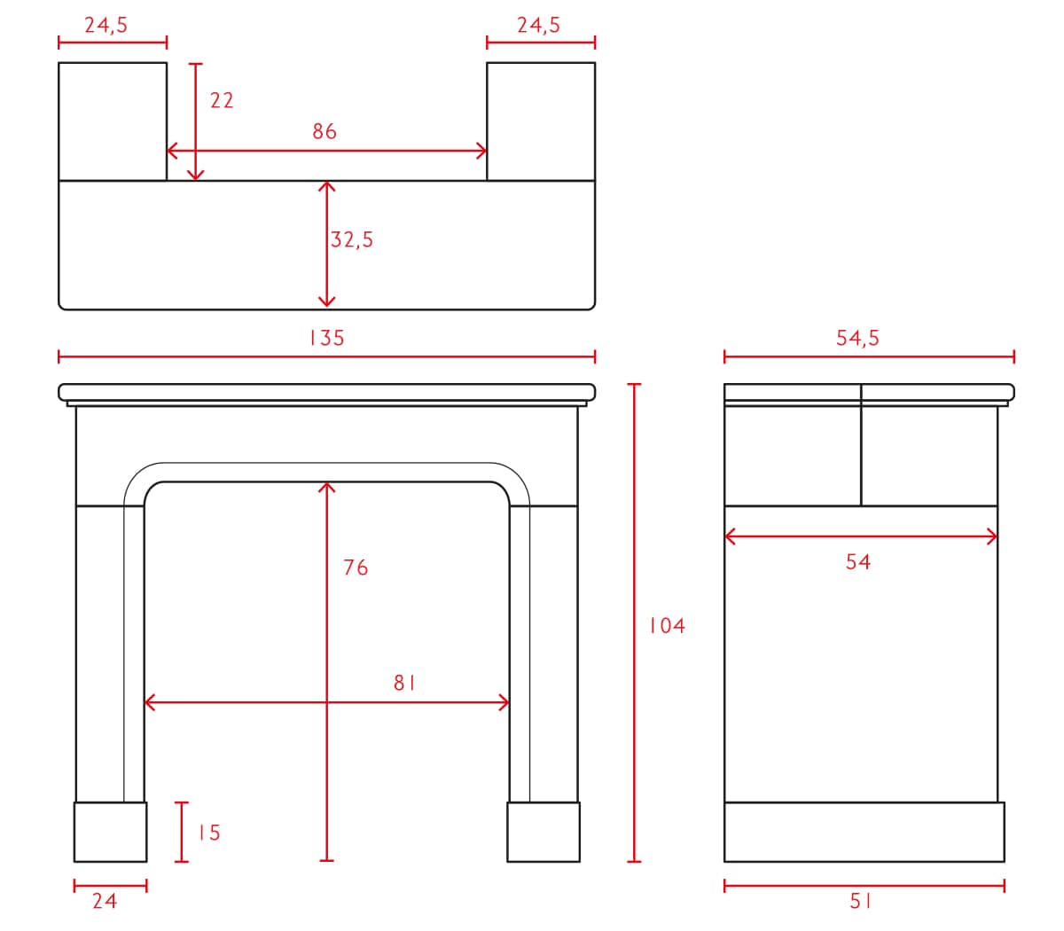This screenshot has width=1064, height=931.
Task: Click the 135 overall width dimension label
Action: click(327, 338)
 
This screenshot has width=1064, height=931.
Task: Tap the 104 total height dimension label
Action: click(667, 626)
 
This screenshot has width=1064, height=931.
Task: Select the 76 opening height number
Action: click(356, 567)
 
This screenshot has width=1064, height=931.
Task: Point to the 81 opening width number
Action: click(404, 683)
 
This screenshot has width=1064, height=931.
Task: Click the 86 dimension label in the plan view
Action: click(325, 131)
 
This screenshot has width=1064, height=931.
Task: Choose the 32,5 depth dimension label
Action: click(352, 239)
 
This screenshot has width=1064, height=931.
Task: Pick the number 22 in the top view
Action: click(222, 100)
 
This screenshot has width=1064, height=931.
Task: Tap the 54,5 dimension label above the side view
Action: click(857, 338)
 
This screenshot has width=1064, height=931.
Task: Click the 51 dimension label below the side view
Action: click(860, 902)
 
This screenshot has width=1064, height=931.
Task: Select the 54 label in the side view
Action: click(858, 562)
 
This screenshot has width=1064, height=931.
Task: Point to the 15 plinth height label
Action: click(209, 833)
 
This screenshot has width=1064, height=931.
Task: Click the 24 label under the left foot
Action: click(105, 902)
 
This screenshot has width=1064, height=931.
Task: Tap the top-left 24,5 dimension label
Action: click(106, 25)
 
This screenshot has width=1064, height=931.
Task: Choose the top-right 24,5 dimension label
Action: click(539, 25)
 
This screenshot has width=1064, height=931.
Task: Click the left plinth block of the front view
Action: click(110, 832)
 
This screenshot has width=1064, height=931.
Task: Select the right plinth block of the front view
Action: click(544, 832)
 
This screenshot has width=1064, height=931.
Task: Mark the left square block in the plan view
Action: click(113, 121)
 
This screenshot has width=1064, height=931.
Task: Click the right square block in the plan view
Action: click(541, 121)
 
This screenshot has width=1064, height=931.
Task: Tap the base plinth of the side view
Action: click(864, 832)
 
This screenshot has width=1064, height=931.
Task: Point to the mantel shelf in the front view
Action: click(327, 392)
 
